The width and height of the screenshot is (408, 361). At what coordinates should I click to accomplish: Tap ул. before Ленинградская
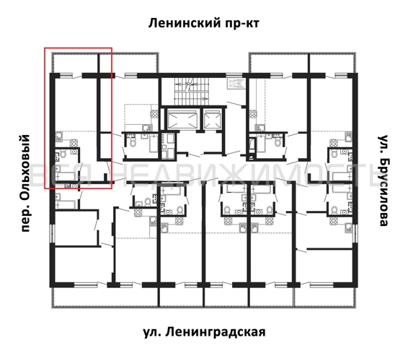[151, 332]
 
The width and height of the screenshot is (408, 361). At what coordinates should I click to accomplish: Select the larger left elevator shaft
[180, 119]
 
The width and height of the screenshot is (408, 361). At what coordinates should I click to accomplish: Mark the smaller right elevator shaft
[213, 119]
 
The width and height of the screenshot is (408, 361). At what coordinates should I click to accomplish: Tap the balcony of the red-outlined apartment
[78, 61]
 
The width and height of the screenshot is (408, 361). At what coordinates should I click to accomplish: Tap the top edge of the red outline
[78, 48]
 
